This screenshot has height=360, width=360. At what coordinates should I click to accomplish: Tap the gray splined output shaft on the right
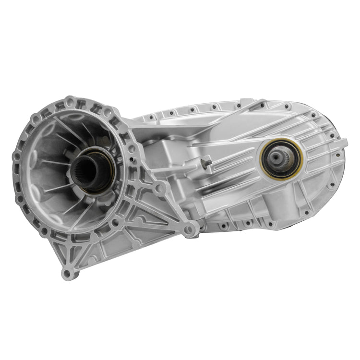280,157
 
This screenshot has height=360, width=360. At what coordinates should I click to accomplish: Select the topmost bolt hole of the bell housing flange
71,101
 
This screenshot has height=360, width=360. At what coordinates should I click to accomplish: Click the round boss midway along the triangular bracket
159,189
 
